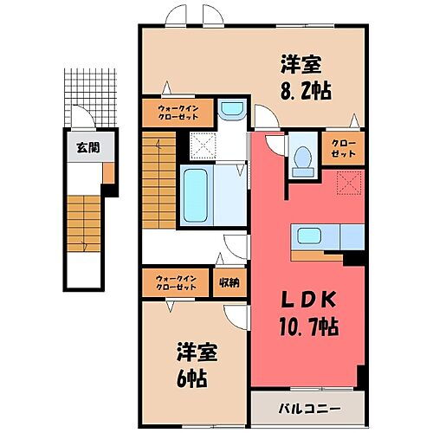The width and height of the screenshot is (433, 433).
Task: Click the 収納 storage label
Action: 229,282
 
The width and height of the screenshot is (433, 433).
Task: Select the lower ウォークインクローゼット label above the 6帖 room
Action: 176,282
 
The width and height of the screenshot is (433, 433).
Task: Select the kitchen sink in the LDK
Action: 310,236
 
